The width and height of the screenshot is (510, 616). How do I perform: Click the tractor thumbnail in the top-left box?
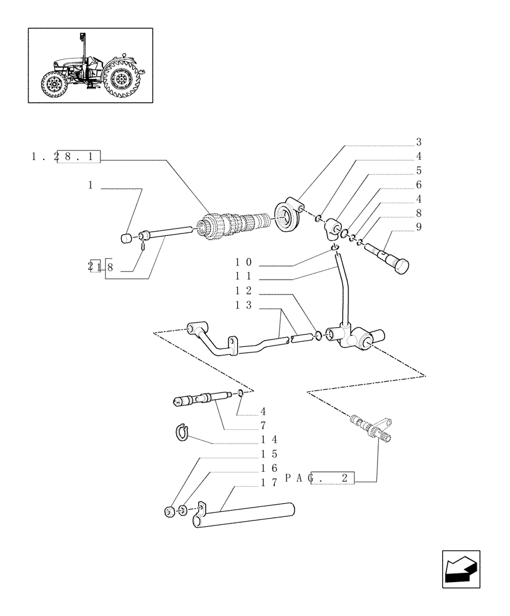[x=91, y=65]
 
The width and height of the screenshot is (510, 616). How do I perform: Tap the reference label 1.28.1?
[x=65, y=156]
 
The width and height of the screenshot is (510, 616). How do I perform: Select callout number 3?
[x=418, y=142]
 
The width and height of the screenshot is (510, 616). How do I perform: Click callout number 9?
[x=418, y=227]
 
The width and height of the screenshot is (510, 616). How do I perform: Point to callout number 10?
[x=243, y=262]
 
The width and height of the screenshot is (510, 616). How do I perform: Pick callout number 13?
[x=243, y=306]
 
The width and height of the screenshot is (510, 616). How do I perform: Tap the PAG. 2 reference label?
[x=320, y=478]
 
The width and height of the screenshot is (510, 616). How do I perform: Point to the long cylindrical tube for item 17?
[x=246, y=514]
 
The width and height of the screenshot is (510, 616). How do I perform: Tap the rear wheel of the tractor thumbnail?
[x=123, y=79]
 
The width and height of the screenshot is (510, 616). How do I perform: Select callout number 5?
[x=418, y=171]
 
